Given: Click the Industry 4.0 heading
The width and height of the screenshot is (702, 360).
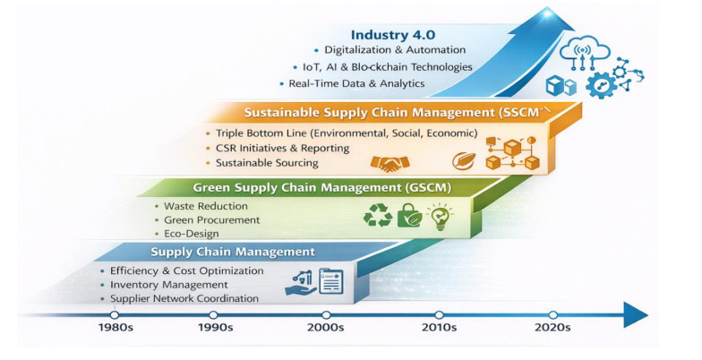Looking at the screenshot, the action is (x=392, y=35).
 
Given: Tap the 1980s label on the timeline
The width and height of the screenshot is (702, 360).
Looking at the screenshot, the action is (x=116, y=328).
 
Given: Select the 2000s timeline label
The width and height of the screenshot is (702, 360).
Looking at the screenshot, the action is (x=326, y=328).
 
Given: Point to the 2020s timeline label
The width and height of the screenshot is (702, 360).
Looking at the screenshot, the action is (x=552, y=328).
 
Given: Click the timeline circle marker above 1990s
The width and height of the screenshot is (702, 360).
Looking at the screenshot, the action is (x=213, y=315).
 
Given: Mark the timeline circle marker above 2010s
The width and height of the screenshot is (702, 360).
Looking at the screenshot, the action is (x=439, y=315).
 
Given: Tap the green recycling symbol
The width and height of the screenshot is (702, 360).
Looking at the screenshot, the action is (x=378, y=215).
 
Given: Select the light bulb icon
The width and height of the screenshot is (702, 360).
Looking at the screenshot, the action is (x=440, y=217).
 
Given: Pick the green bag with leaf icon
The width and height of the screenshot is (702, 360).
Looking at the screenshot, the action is (x=410, y=215).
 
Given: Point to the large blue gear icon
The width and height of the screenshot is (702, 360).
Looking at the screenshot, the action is (x=601, y=85).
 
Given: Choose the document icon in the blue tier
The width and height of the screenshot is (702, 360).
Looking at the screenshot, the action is (x=331, y=281).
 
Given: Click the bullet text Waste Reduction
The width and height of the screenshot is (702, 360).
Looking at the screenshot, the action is (x=206, y=206).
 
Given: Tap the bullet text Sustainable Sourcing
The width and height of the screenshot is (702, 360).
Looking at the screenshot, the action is (x=267, y=163).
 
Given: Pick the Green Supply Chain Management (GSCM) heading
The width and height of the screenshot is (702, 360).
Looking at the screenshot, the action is (x=322, y=188).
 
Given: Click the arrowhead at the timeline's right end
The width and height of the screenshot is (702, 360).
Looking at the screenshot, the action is (x=636, y=315).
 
